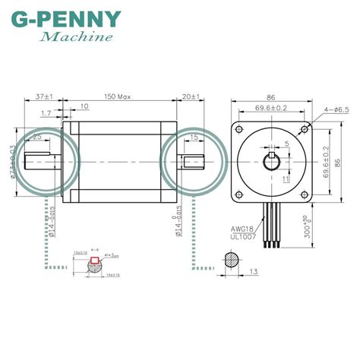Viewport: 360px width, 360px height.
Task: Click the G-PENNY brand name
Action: (x=66, y=18)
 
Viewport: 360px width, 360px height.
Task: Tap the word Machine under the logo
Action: (x=76, y=37)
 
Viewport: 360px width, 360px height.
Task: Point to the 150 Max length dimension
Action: (x=119, y=97)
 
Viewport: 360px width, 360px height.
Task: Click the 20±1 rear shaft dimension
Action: (x=191, y=97)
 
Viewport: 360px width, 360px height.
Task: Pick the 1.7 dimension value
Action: (x=47, y=113)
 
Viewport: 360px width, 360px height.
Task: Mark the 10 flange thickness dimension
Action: (x=84, y=106)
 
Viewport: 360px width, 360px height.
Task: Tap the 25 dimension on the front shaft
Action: (x=36, y=137)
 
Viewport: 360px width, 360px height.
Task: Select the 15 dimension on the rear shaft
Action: (x=194, y=137)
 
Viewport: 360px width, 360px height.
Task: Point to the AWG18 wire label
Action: (x=243, y=228)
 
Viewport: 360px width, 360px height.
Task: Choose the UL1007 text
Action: (x=243, y=237)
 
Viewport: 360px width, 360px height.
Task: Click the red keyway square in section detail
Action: (x=94, y=261)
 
